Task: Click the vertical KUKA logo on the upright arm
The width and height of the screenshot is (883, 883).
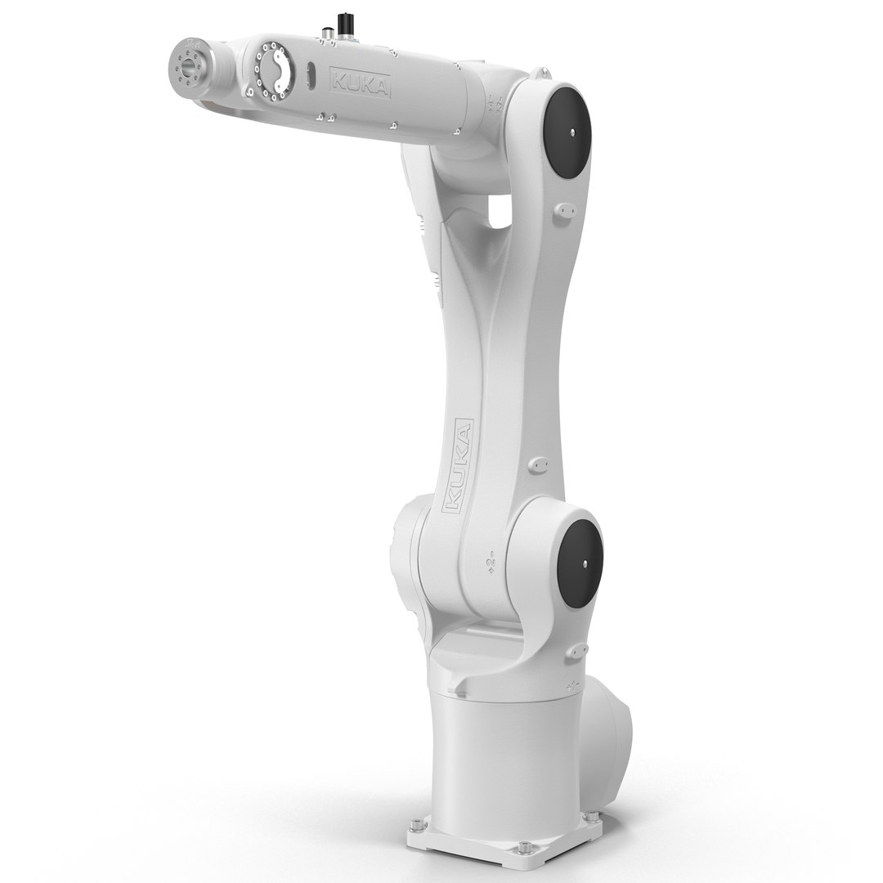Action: (459, 467)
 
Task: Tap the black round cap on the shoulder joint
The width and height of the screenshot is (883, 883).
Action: (581, 563)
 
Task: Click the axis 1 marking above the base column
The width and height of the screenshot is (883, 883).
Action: (571, 682)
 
